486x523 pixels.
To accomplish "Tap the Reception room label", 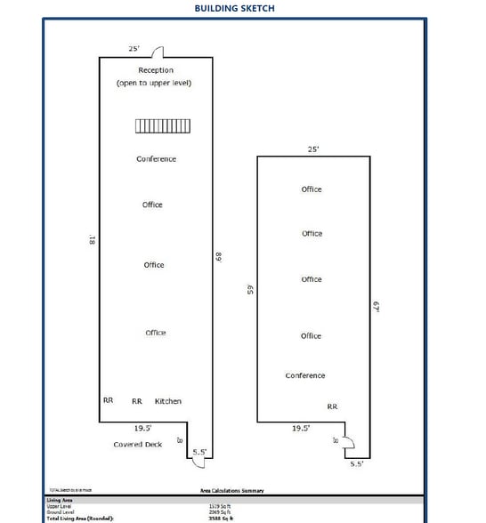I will tap(156, 70).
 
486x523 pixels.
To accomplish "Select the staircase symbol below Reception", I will tap(155, 126).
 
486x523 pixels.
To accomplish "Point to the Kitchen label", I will tap(168, 401).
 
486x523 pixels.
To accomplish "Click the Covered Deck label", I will tap(137, 444).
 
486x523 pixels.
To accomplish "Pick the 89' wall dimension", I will tap(218, 256).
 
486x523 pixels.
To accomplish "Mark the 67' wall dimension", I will tap(377, 307).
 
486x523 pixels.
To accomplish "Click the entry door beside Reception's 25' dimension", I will tap(157, 52).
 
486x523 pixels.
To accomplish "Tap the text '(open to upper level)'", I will tap(154, 83).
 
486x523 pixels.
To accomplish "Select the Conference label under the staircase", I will tap(156, 159).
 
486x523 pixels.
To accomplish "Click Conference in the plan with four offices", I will tap(305, 376).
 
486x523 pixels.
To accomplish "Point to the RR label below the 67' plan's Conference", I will tap(332, 406).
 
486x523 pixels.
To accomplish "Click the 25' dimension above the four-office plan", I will tap(313, 149).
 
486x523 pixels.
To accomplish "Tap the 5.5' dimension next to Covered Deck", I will tap(200, 452).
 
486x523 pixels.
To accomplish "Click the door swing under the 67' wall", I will tap(349, 442).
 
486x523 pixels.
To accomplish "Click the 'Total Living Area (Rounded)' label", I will tap(81, 518).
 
